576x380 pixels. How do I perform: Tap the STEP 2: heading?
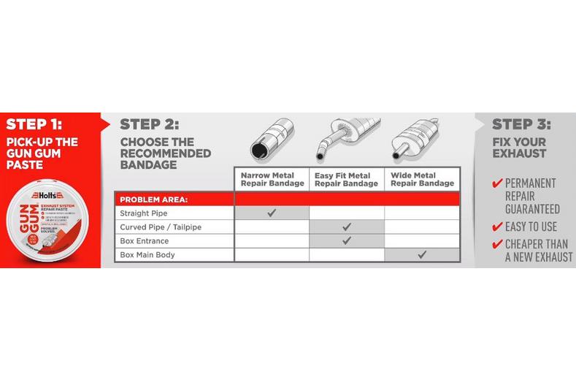pos(149,123)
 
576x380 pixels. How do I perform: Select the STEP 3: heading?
pos(521,123)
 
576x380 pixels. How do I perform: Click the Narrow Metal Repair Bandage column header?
pos(272,179)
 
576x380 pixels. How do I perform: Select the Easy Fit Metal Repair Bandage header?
pos(346,179)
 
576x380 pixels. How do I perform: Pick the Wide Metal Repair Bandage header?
pos(422,179)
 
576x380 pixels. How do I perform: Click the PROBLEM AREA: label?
pos(153,199)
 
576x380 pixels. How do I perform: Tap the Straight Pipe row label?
pos(144,213)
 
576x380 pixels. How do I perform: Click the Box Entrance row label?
pos(144,241)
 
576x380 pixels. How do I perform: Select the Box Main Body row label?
pos(147,255)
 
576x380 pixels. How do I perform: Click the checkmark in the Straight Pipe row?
pos(272,213)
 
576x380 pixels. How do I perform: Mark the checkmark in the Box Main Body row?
pos(422,255)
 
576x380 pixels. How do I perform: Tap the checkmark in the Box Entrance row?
pos(347,241)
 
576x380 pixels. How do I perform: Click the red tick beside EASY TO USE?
pos(497,227)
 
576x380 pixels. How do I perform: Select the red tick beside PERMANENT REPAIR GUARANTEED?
pos(497,183)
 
